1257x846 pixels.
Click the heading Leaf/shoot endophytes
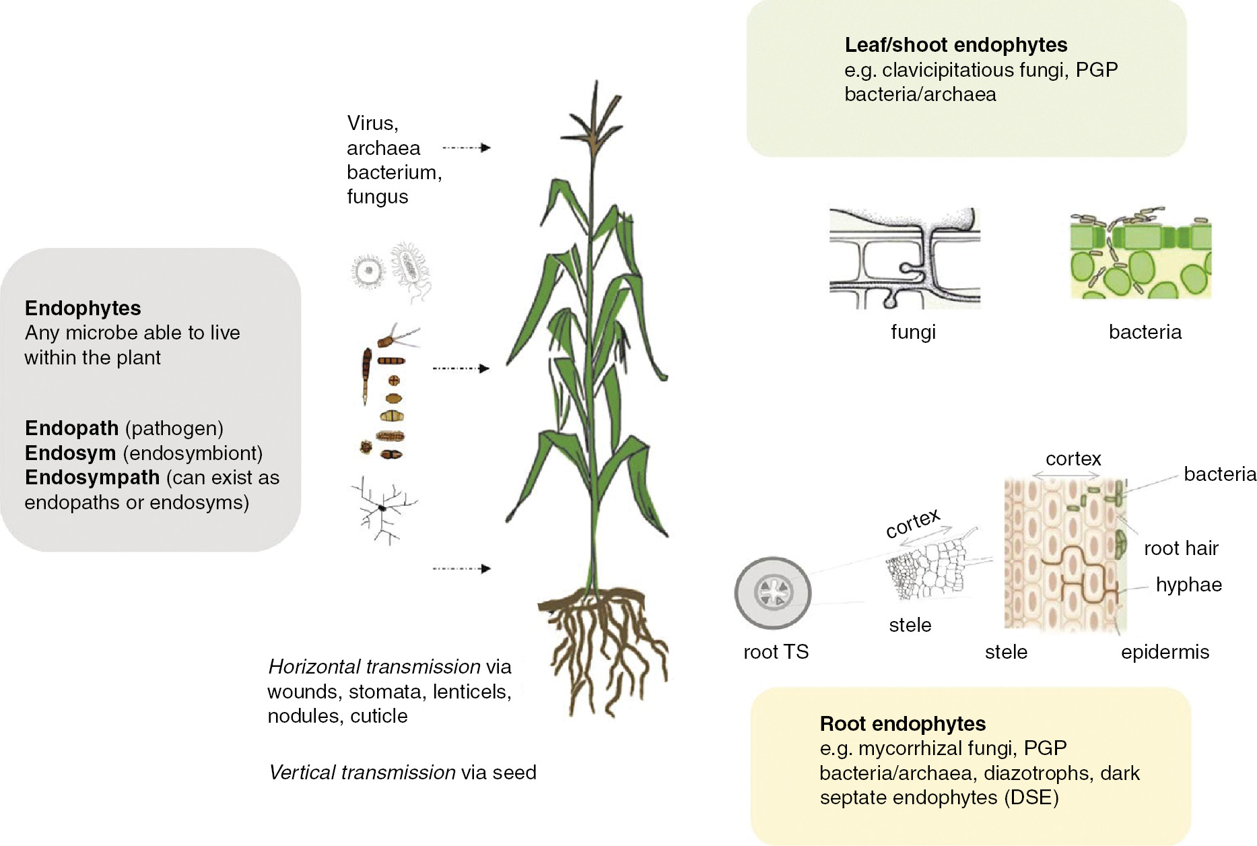[955, 45]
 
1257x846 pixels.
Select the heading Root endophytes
[902, 724]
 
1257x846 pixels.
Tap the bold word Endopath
[71, 428]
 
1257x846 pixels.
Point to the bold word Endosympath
[92, 478]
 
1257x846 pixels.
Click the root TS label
[776, 652]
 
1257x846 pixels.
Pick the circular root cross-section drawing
[773, 593]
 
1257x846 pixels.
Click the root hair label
[1181, 548]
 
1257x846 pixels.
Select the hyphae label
[1188, 585]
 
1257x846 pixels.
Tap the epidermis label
[1165, 652]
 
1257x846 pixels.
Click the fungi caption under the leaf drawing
[913, 332]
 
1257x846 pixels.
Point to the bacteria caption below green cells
[1145, 332]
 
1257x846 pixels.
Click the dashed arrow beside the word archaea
[466, 148]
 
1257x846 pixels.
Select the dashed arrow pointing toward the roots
[461, 568]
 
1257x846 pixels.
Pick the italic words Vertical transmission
[362, 773]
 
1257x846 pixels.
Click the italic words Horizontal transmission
[374, 667]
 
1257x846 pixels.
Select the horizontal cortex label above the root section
[1073, 459]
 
